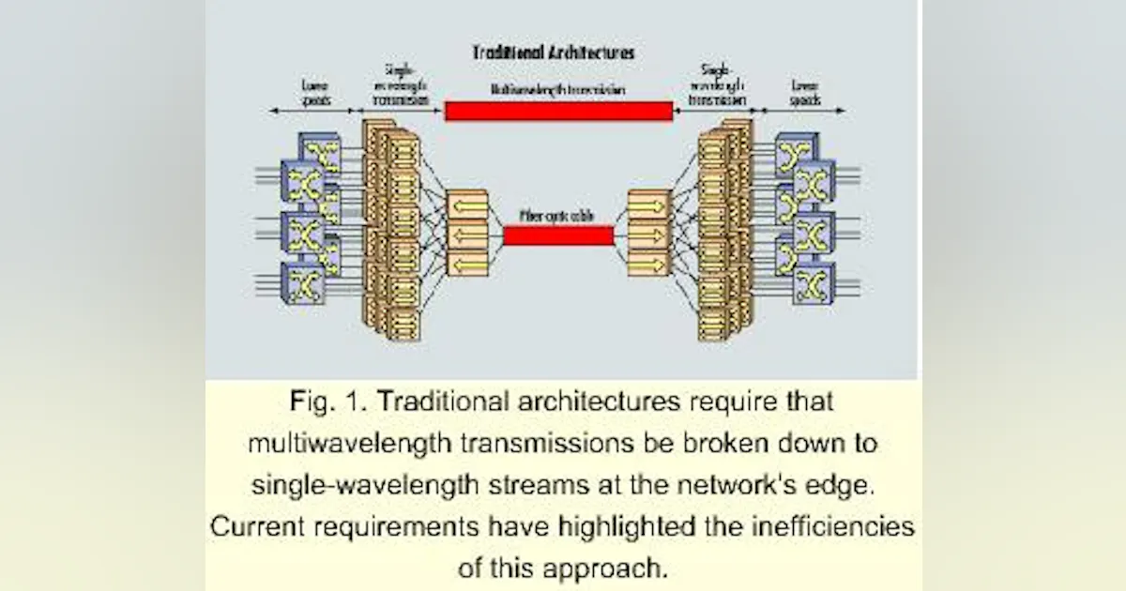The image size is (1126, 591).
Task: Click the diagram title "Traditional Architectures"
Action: coord(554,53)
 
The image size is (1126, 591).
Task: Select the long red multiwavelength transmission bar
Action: coord(558,112)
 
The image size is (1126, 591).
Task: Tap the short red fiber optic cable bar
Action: coord(558,235)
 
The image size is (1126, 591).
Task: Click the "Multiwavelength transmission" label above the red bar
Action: coord(558,90)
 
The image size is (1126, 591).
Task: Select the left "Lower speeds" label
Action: coord(312,91)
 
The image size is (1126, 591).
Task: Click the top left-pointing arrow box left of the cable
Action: coord(467,205)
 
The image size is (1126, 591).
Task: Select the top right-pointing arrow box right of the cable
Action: coord(648,205)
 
